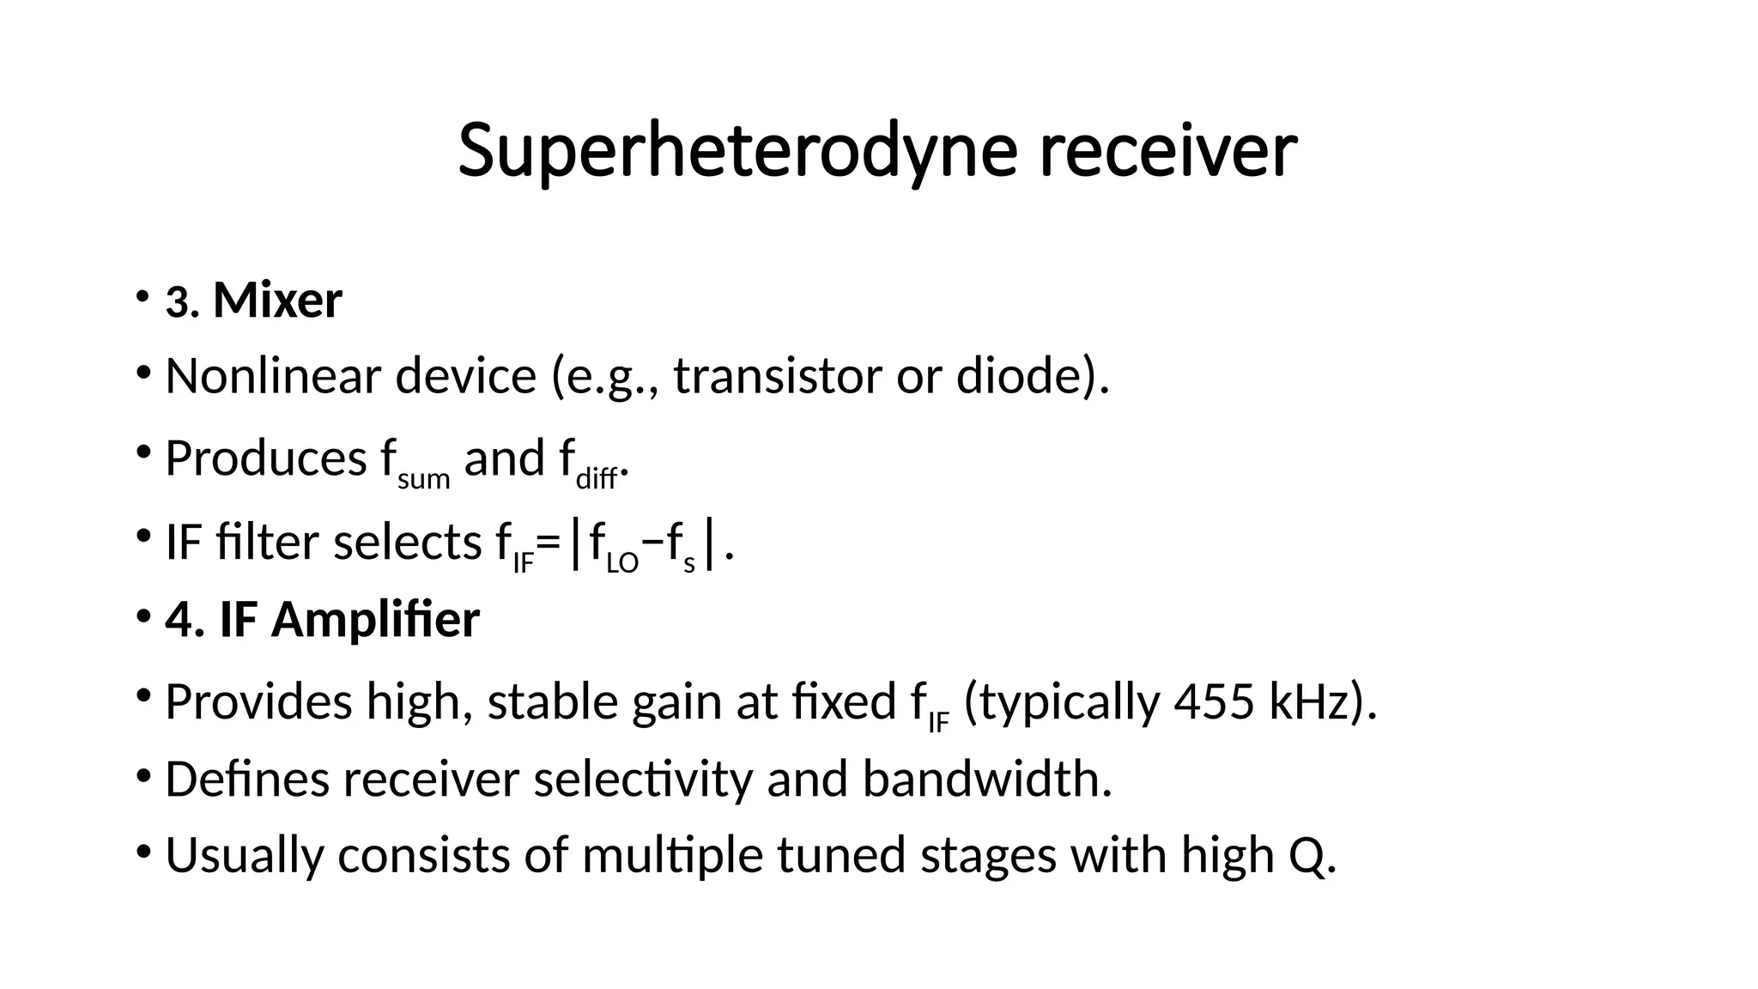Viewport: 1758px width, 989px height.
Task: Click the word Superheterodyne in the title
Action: tap(737, 151)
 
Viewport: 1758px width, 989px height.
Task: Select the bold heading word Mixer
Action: tap(277, 300)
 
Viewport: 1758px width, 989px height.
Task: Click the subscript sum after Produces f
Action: tap(423, 479)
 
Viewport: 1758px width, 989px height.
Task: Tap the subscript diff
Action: tap(597, 479)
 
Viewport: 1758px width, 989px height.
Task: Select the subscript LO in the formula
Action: tap(622, 563)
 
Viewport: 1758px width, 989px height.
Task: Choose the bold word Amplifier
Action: tap(375, 619)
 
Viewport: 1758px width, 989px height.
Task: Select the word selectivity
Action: tap(642, 780)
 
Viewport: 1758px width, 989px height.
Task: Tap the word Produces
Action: tap(266, 458)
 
